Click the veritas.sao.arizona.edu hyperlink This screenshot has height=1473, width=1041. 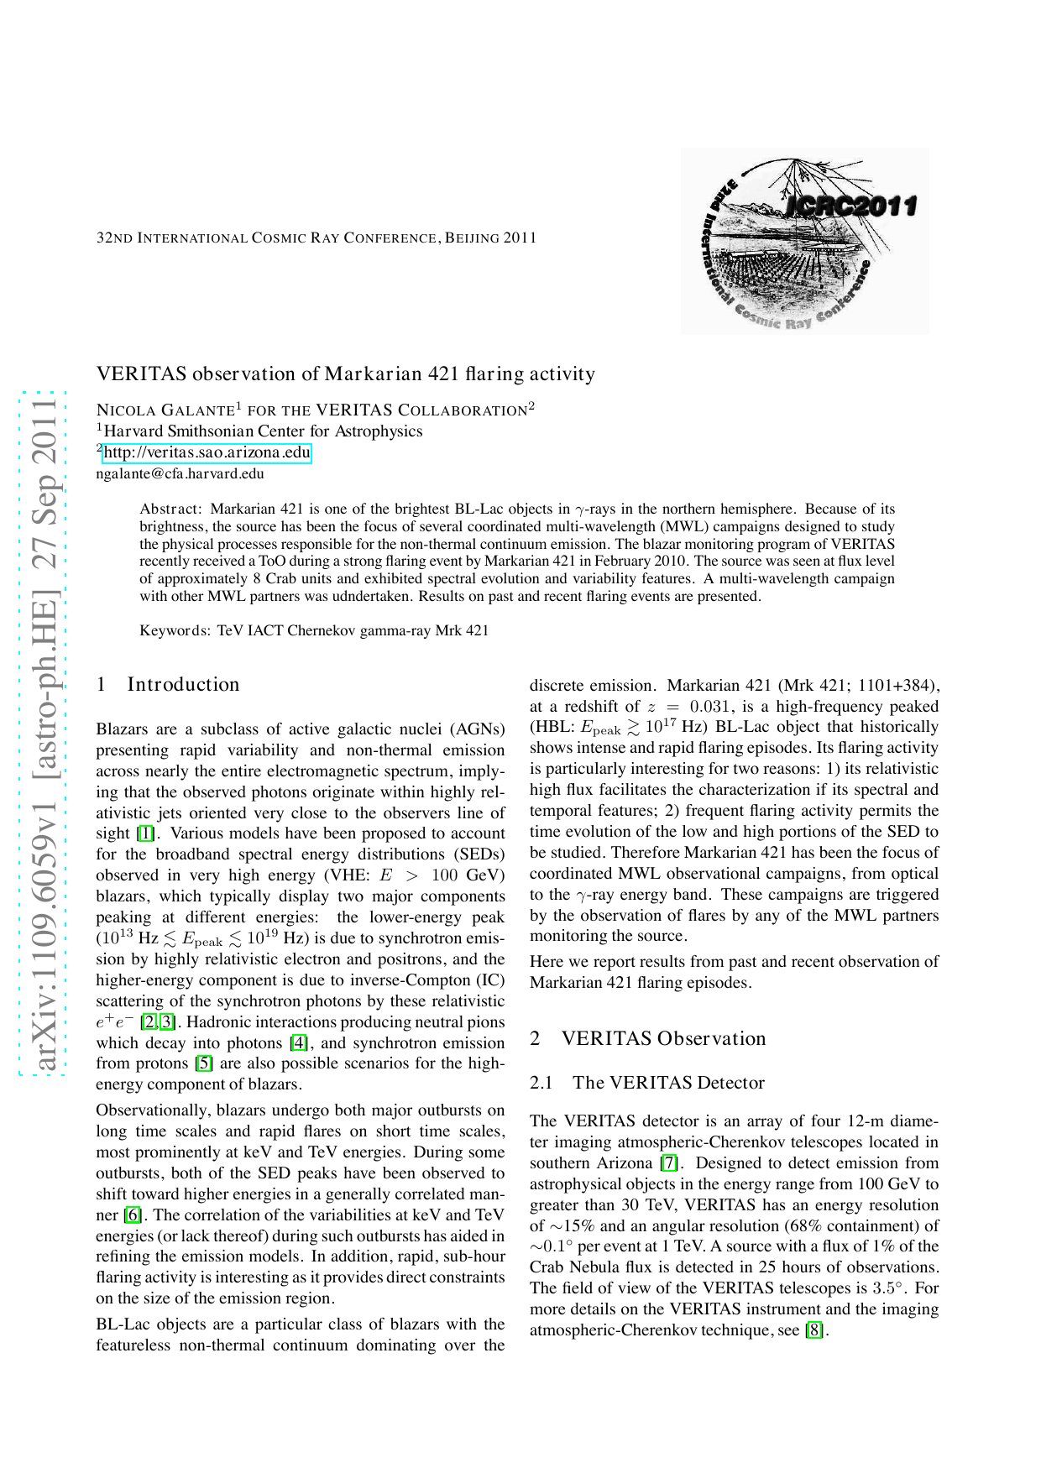(x=207, y=452)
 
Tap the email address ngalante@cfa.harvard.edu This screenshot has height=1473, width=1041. (x=180, y=473)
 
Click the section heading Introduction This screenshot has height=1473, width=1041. (x=183, y=684)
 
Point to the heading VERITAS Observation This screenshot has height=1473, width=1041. (x=663, y=1038)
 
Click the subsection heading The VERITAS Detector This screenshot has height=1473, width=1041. (x=668, y=1083)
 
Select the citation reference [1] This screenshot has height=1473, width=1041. (x=146, y=833)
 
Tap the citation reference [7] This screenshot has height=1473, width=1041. (x=669, y=1163)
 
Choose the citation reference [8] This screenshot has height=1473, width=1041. (x=814, y=1330)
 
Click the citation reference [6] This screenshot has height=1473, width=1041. (x=133, y=1215)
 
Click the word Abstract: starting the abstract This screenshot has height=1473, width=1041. (x=170, y=509)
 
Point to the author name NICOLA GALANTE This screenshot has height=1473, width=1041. (x=165, y=410)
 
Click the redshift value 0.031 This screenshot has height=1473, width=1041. (x=711, y=707)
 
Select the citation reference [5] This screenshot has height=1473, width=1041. (x=203, y=1064)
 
